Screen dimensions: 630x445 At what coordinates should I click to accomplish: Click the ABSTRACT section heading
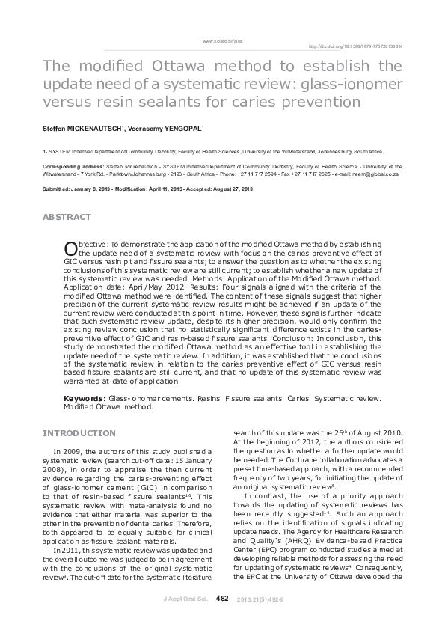[67, 217]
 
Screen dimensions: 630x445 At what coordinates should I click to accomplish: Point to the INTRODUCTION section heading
[79, 433]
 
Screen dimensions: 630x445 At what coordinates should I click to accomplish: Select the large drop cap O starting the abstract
[70, 248]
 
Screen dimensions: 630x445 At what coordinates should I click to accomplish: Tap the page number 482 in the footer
[221, 598]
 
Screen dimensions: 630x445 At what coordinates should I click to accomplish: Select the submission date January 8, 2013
[95, 189]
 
